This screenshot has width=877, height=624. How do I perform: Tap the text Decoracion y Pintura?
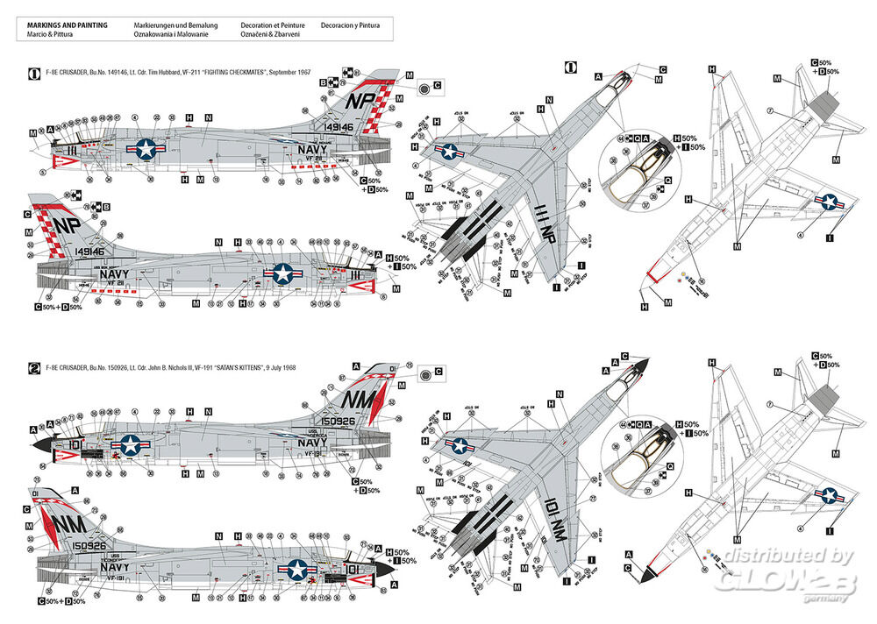[x=351, y=25]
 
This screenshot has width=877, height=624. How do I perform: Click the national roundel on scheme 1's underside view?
[x=827, y=204]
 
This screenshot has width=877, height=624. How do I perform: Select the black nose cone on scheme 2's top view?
[x=642, y=367]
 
